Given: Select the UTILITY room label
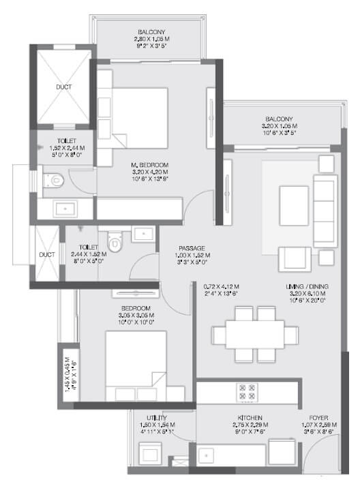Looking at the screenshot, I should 157,417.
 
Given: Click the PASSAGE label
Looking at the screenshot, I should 192,248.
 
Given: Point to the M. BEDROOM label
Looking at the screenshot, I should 149,165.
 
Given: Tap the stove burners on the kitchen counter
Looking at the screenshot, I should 245,391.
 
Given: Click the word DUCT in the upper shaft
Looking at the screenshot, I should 63,87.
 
